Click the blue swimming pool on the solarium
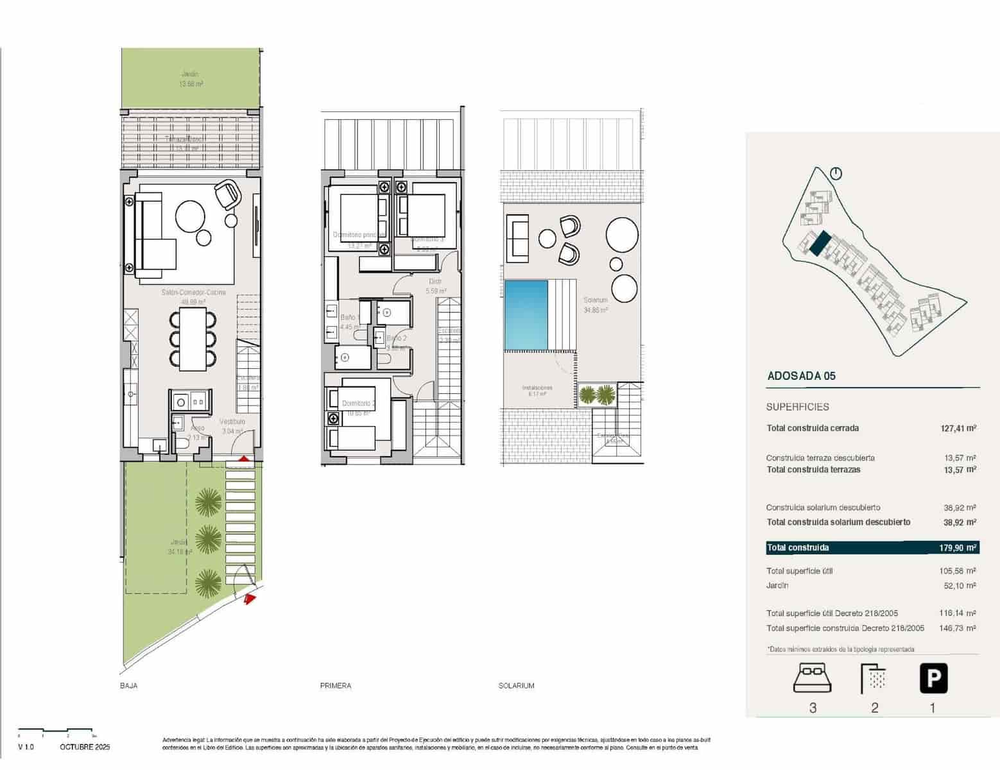point(526,314)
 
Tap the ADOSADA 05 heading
point(801,377)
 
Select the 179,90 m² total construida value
point(957,548)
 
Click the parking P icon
point(933,679)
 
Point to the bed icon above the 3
point(812,679)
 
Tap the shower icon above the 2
point(874,679)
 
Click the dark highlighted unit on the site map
point(820,244)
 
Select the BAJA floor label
point(128,686)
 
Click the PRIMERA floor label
point(336,686)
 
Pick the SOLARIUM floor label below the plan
point(516,686)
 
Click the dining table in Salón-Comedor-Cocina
point(193,339)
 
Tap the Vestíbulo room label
point(232,422)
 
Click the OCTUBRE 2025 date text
point(85,748)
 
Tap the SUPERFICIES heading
point(797,407)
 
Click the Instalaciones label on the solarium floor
point(537,388)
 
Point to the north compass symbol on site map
point(836,173)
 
